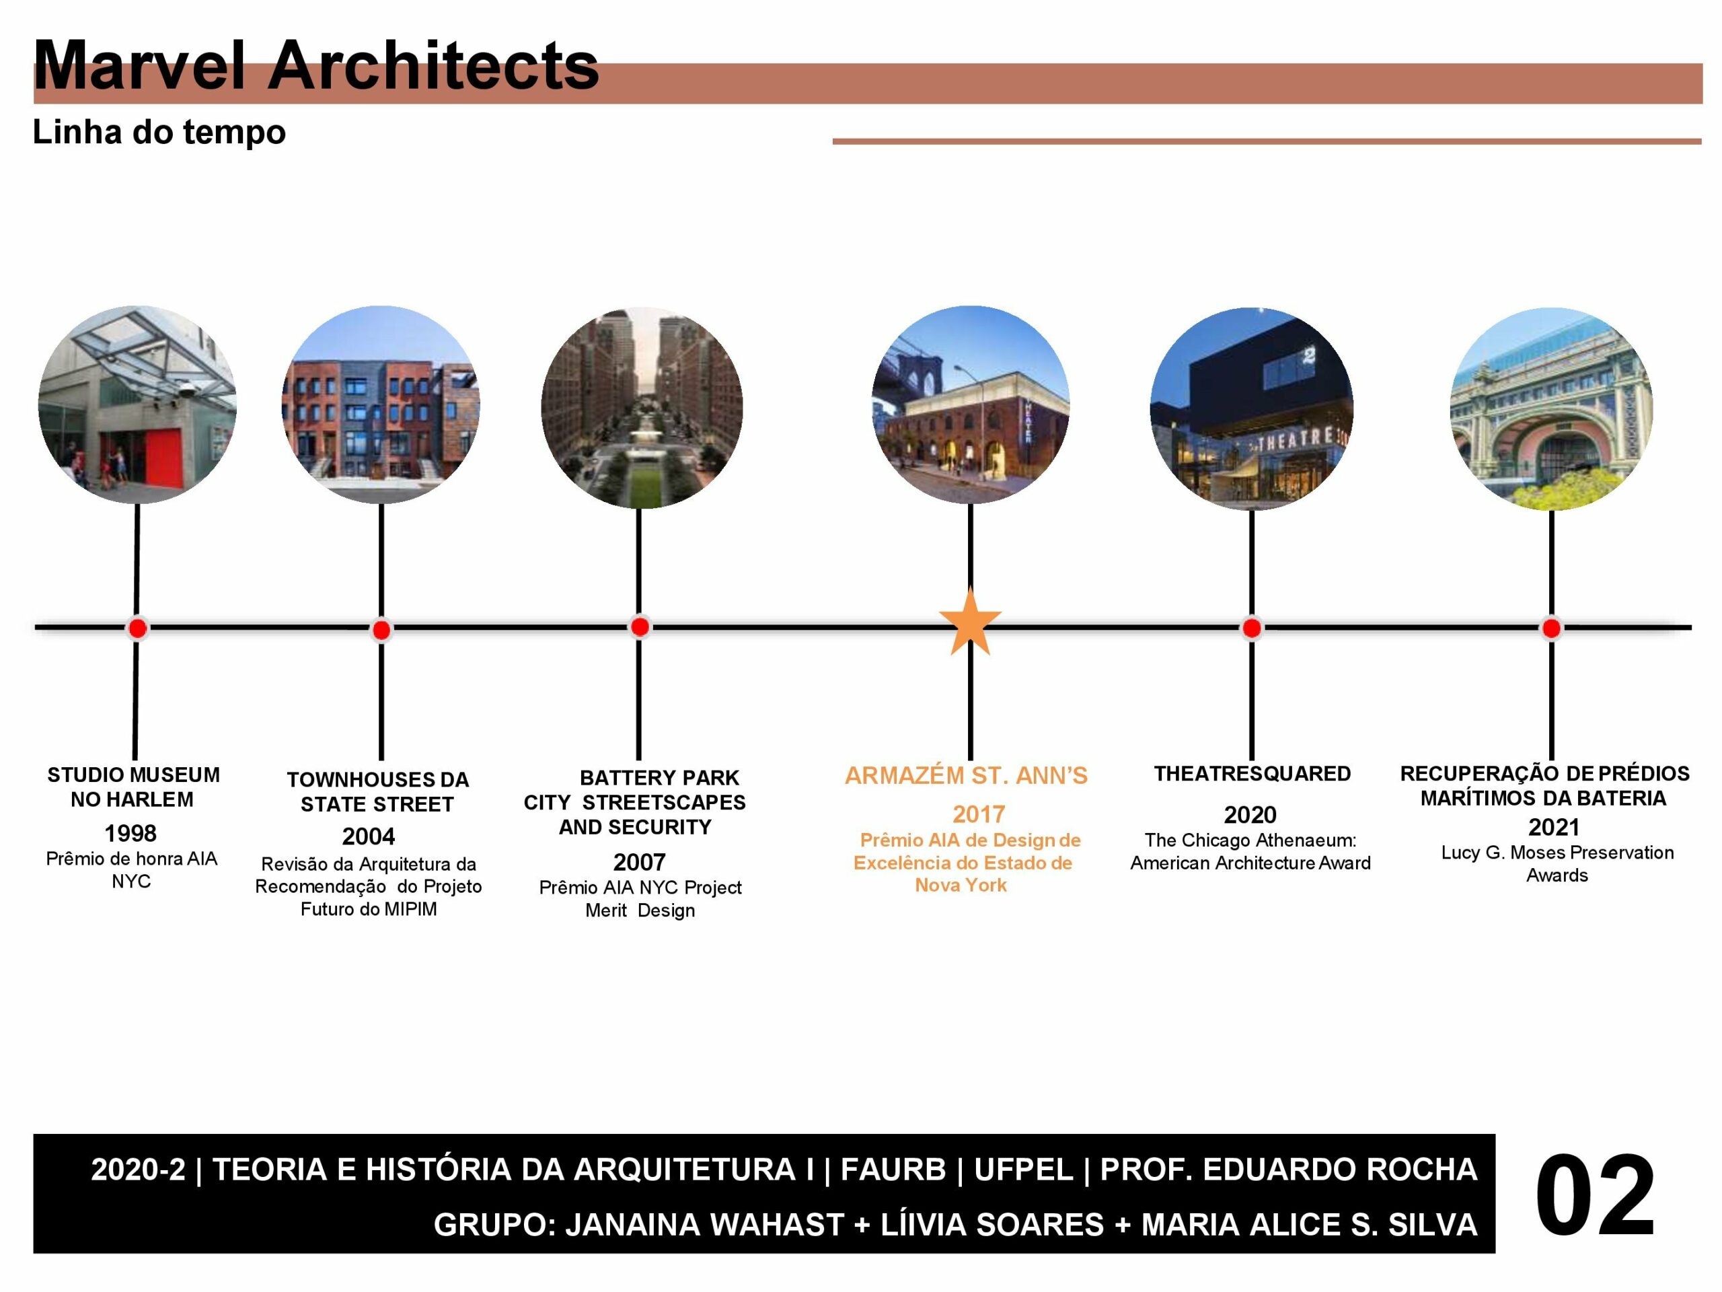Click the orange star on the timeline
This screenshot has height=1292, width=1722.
point(970,623)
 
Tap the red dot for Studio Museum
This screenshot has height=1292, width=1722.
point(138,629)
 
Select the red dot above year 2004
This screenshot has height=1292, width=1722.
point(381,630)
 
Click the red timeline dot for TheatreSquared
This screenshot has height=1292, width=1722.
point(1252,629)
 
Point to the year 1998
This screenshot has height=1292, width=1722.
point(130,833)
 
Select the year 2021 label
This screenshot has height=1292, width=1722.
point(1554,827)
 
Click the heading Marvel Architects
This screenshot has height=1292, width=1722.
point(316,65)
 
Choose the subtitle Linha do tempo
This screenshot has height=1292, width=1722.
point(159,133)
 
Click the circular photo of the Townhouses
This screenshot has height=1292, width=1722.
point(381,405)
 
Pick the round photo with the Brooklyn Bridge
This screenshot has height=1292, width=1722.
point(970,405)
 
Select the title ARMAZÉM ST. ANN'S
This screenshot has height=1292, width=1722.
point(966,776)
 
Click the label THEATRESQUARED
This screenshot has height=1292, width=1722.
point(1252,774)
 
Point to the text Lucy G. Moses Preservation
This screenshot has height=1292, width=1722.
point(1557,853)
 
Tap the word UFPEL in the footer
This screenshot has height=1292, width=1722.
point(1024,1170)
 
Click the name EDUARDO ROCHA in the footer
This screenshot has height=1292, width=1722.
point(1340,1170)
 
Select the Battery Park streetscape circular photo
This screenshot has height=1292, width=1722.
point(642,408)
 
